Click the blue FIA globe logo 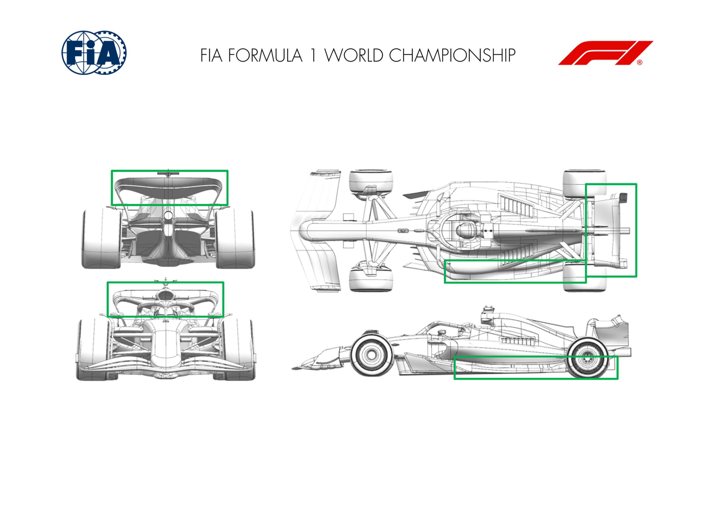click(x=94, y=53)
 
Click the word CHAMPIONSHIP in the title click(x=452, y=55)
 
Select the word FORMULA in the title click(x=265, y=55)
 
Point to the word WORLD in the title click(x=354, y=55)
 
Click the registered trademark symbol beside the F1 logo click(x=640, y=62)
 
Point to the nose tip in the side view click(x=293, y=369)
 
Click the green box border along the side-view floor click(x=536, y=356)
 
